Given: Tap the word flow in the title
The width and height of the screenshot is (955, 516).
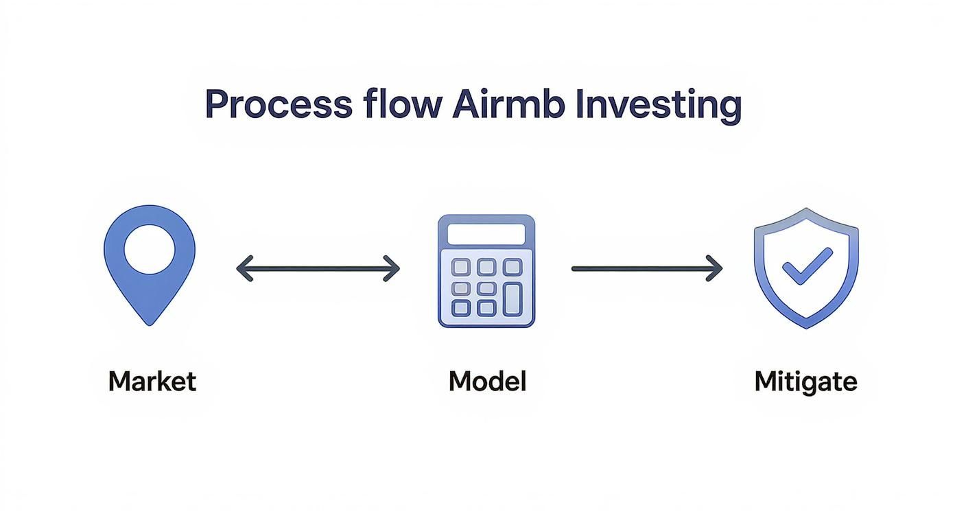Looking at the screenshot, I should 412,106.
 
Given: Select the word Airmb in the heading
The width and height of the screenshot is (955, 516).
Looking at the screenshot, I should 509,106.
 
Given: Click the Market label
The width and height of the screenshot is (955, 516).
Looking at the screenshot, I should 152,381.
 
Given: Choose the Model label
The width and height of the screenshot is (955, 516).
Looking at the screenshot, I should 487,381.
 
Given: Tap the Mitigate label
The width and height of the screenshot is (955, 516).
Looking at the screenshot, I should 805,381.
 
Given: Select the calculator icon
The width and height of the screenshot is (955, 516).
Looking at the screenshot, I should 486,270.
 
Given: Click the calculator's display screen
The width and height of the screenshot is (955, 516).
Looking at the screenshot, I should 486,233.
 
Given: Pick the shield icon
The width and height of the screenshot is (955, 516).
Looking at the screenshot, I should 806,268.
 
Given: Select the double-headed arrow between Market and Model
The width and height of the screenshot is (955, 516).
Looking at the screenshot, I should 318,268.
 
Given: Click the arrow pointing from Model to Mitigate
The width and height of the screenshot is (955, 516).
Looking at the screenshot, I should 646,268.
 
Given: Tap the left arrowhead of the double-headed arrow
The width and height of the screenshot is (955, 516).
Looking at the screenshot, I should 243,268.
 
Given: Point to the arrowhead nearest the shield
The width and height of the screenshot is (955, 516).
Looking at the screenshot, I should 716,268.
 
